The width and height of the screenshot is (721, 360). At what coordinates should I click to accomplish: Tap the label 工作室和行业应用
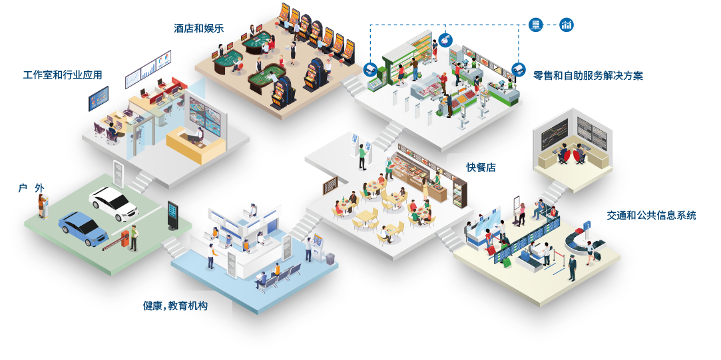(x=63, y=75)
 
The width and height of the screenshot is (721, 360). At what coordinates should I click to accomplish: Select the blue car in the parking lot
(x=83, y=226)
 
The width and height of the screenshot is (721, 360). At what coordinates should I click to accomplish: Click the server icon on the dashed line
(x=535, y=25)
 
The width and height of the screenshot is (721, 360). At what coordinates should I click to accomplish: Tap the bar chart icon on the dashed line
(x=567, y=25)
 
